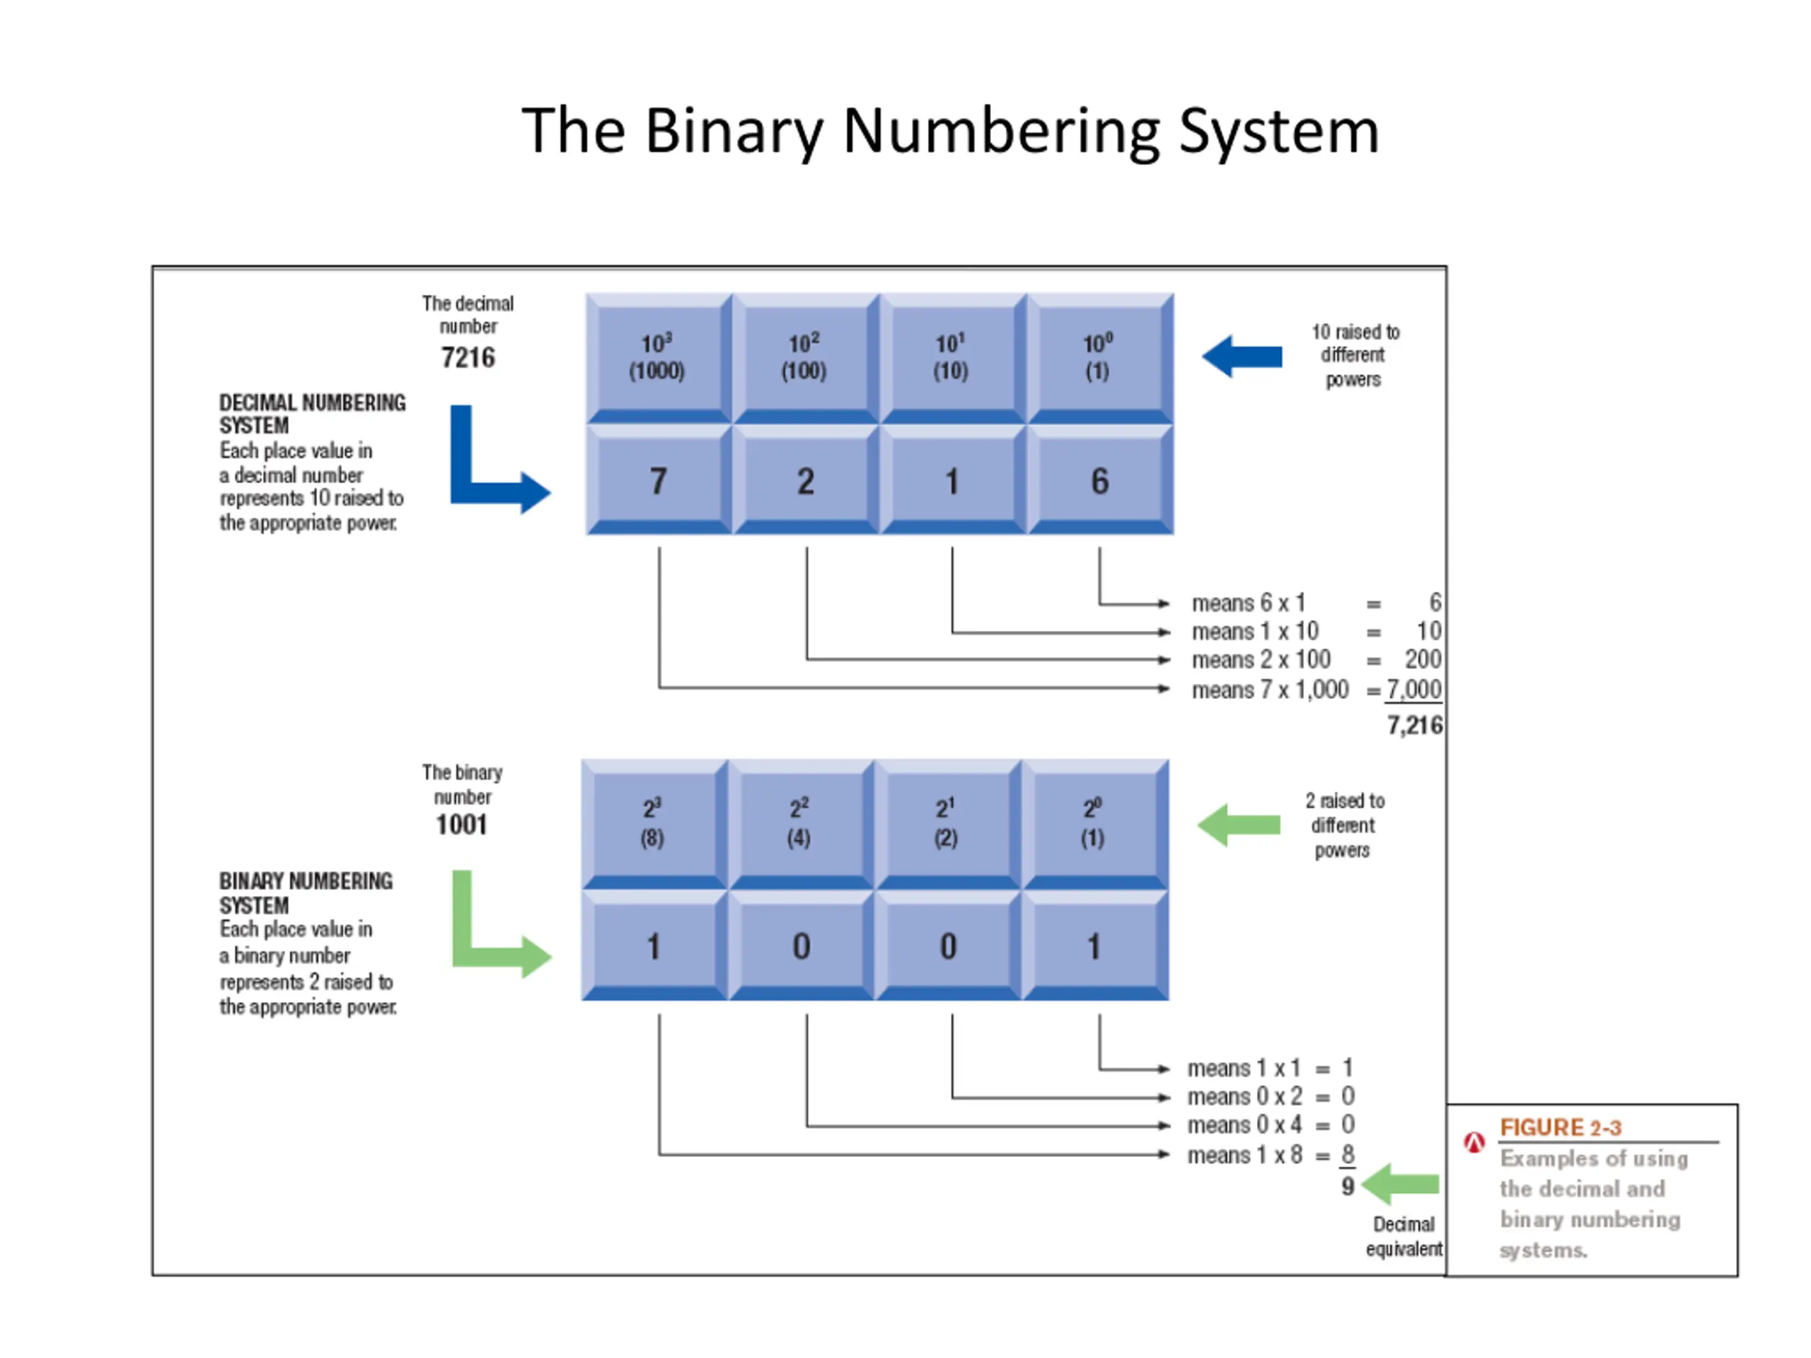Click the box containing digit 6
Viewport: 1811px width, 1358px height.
click(1100, 480)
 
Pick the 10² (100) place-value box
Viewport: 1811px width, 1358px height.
click(806, 359)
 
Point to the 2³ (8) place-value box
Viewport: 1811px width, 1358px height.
click(654, 824)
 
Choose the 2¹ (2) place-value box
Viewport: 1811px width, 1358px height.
click(948, 824)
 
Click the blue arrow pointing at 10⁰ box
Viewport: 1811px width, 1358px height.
click(1242, 356)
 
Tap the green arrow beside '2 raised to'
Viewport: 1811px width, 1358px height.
click(1239, 824)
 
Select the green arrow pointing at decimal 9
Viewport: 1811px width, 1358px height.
click(1400, 1183)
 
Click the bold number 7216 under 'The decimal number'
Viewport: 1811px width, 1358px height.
click(468, 358)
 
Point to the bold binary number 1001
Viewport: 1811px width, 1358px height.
click(462, 824)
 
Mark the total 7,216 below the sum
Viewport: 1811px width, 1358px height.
click(1415, 725)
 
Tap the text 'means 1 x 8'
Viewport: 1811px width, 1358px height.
click(1244, 1155)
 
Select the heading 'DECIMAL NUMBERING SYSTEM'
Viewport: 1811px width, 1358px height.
click(313, 414)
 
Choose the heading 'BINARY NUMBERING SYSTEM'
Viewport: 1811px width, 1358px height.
click(306, 893)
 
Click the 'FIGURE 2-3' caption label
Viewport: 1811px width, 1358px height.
click(1561, 1128)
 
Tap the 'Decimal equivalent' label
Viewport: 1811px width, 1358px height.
click(1404, 1236)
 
